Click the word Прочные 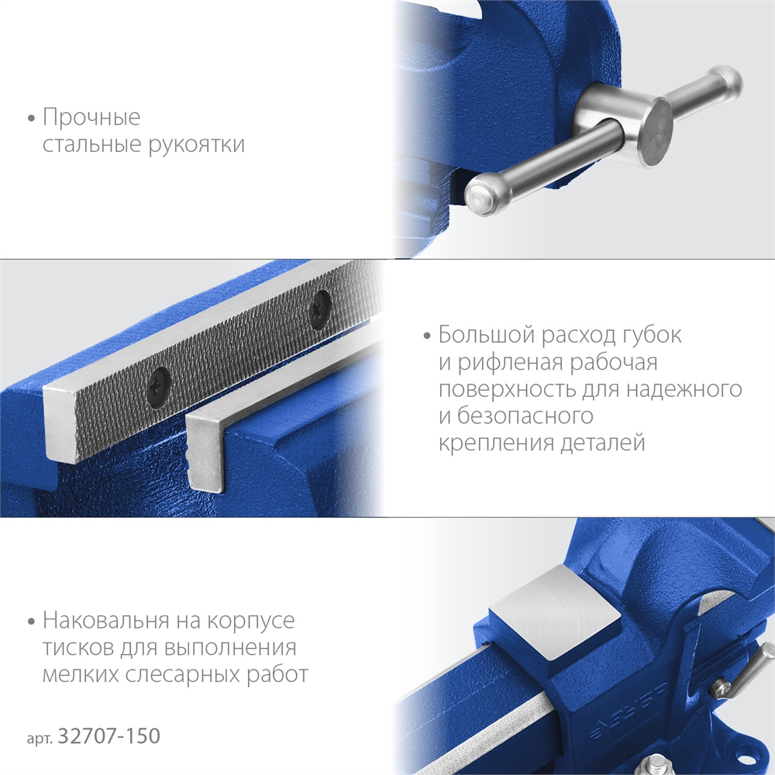point(91,119)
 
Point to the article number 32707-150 point(109,735)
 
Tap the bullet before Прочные point(32,119)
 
